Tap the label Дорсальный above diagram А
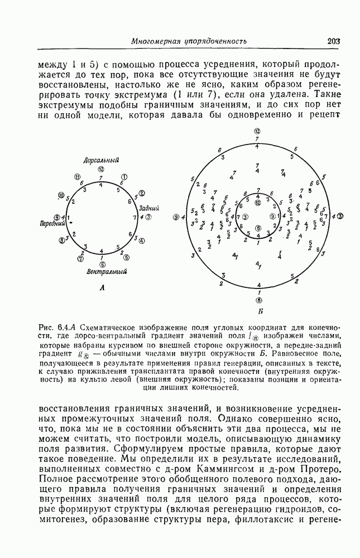[x=101, y=160]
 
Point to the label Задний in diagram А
[x=149, y=208]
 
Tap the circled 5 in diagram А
[x=126, y=257]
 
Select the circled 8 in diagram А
[x=61, y=240]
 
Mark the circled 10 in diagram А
[x=61, y=195]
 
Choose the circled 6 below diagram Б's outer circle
[x=257, y=300]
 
